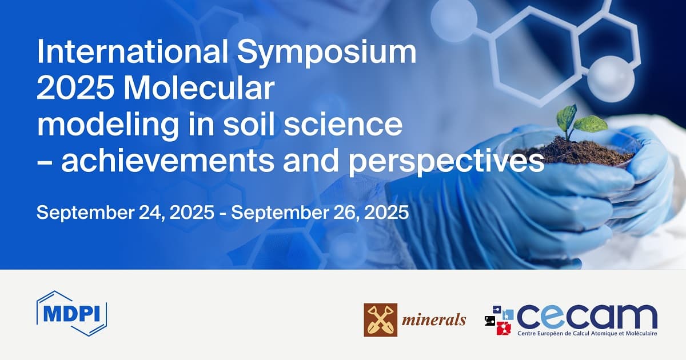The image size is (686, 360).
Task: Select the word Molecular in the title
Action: tap(199, 88)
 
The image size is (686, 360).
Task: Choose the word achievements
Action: tap(167, 161)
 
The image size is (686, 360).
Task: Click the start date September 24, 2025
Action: tap(125, 213)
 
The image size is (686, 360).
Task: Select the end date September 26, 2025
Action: tap(320, 213)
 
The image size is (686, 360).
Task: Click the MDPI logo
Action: tap(71, 314)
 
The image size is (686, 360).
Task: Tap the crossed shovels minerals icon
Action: tap(380, 320)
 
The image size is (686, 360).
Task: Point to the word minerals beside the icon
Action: tap(433, 320)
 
